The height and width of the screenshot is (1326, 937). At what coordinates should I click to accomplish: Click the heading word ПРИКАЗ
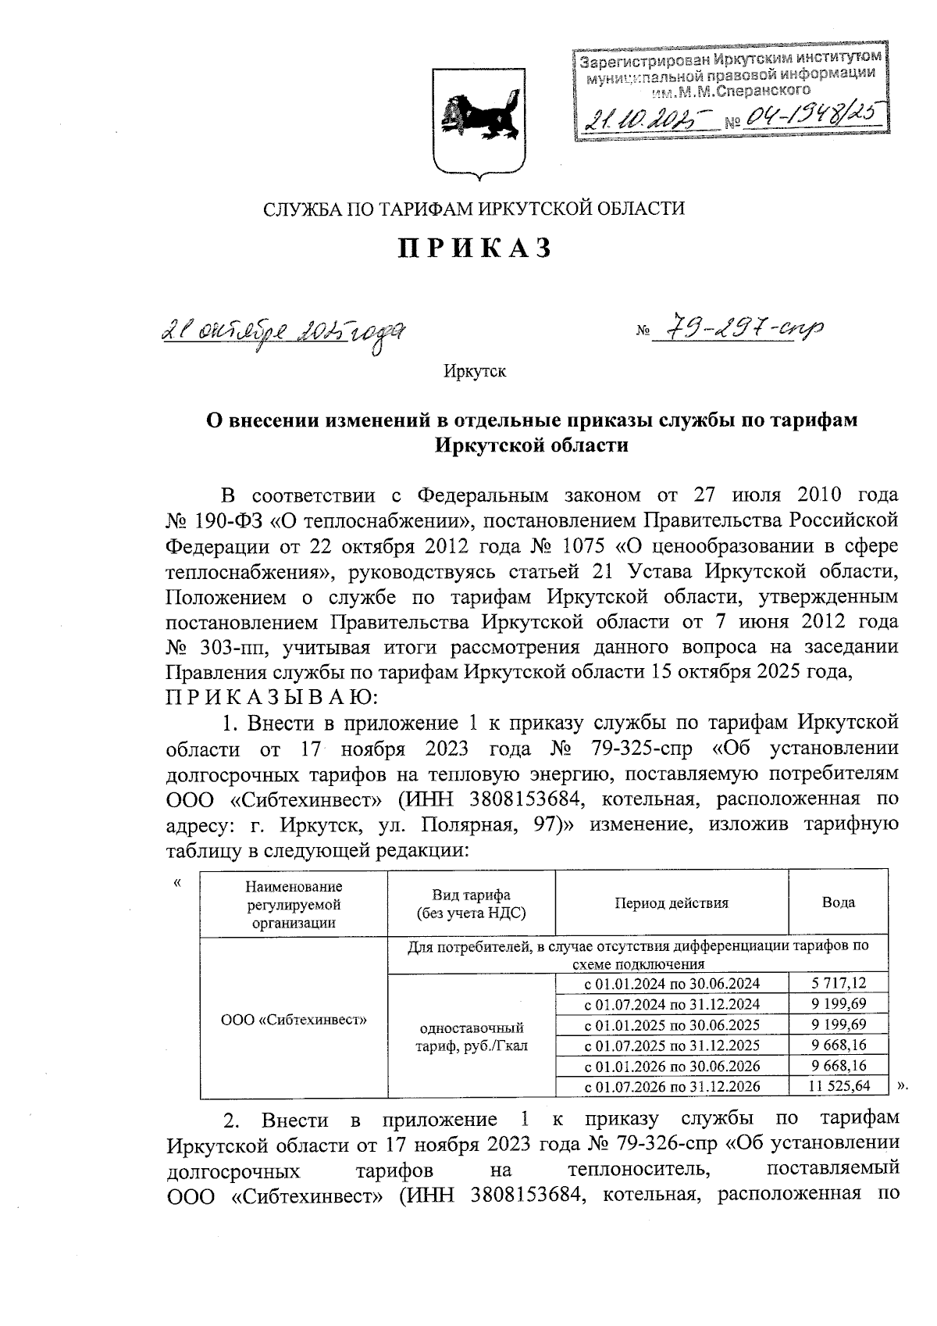[476, 248]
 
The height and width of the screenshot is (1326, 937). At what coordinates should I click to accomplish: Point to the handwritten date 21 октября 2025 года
[284, 334]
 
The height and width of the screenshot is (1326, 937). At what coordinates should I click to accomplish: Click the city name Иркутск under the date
[474, 371]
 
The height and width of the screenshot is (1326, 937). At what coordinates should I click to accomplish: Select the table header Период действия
[671, 903]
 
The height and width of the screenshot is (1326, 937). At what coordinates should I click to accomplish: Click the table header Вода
[838, 902]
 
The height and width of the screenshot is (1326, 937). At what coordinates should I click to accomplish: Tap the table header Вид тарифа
[471, 904]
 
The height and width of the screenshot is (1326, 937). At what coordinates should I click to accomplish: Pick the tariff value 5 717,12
[839, 984]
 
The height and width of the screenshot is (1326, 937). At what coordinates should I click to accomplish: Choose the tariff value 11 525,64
[839, 1086]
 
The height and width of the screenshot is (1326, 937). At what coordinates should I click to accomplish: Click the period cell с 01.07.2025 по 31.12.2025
[672, 1045]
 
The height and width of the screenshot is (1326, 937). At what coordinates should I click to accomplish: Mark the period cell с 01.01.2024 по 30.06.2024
[672, 984]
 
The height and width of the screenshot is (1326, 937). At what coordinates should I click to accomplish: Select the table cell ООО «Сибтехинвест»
[294, 1019]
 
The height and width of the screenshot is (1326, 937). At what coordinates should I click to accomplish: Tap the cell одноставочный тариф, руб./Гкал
[471, 1036]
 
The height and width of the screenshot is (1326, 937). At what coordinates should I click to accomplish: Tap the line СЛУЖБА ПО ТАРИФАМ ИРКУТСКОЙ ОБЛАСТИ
[474, 209]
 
